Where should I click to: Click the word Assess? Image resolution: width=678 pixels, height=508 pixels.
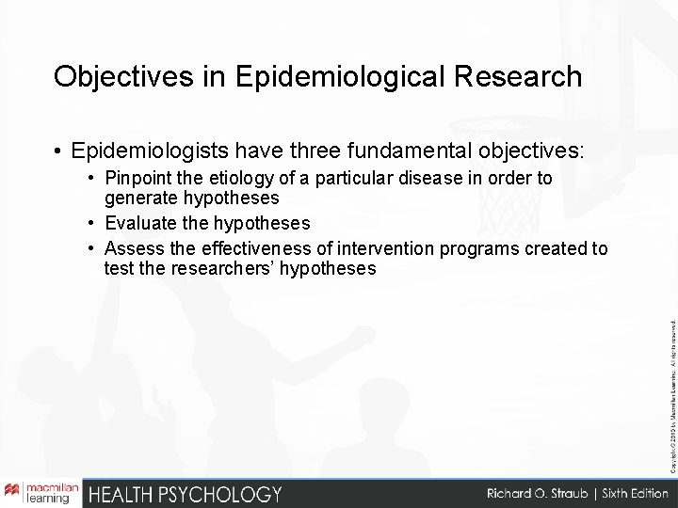[133, 248]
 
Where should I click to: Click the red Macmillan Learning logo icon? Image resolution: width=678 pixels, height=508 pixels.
[13, 492]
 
